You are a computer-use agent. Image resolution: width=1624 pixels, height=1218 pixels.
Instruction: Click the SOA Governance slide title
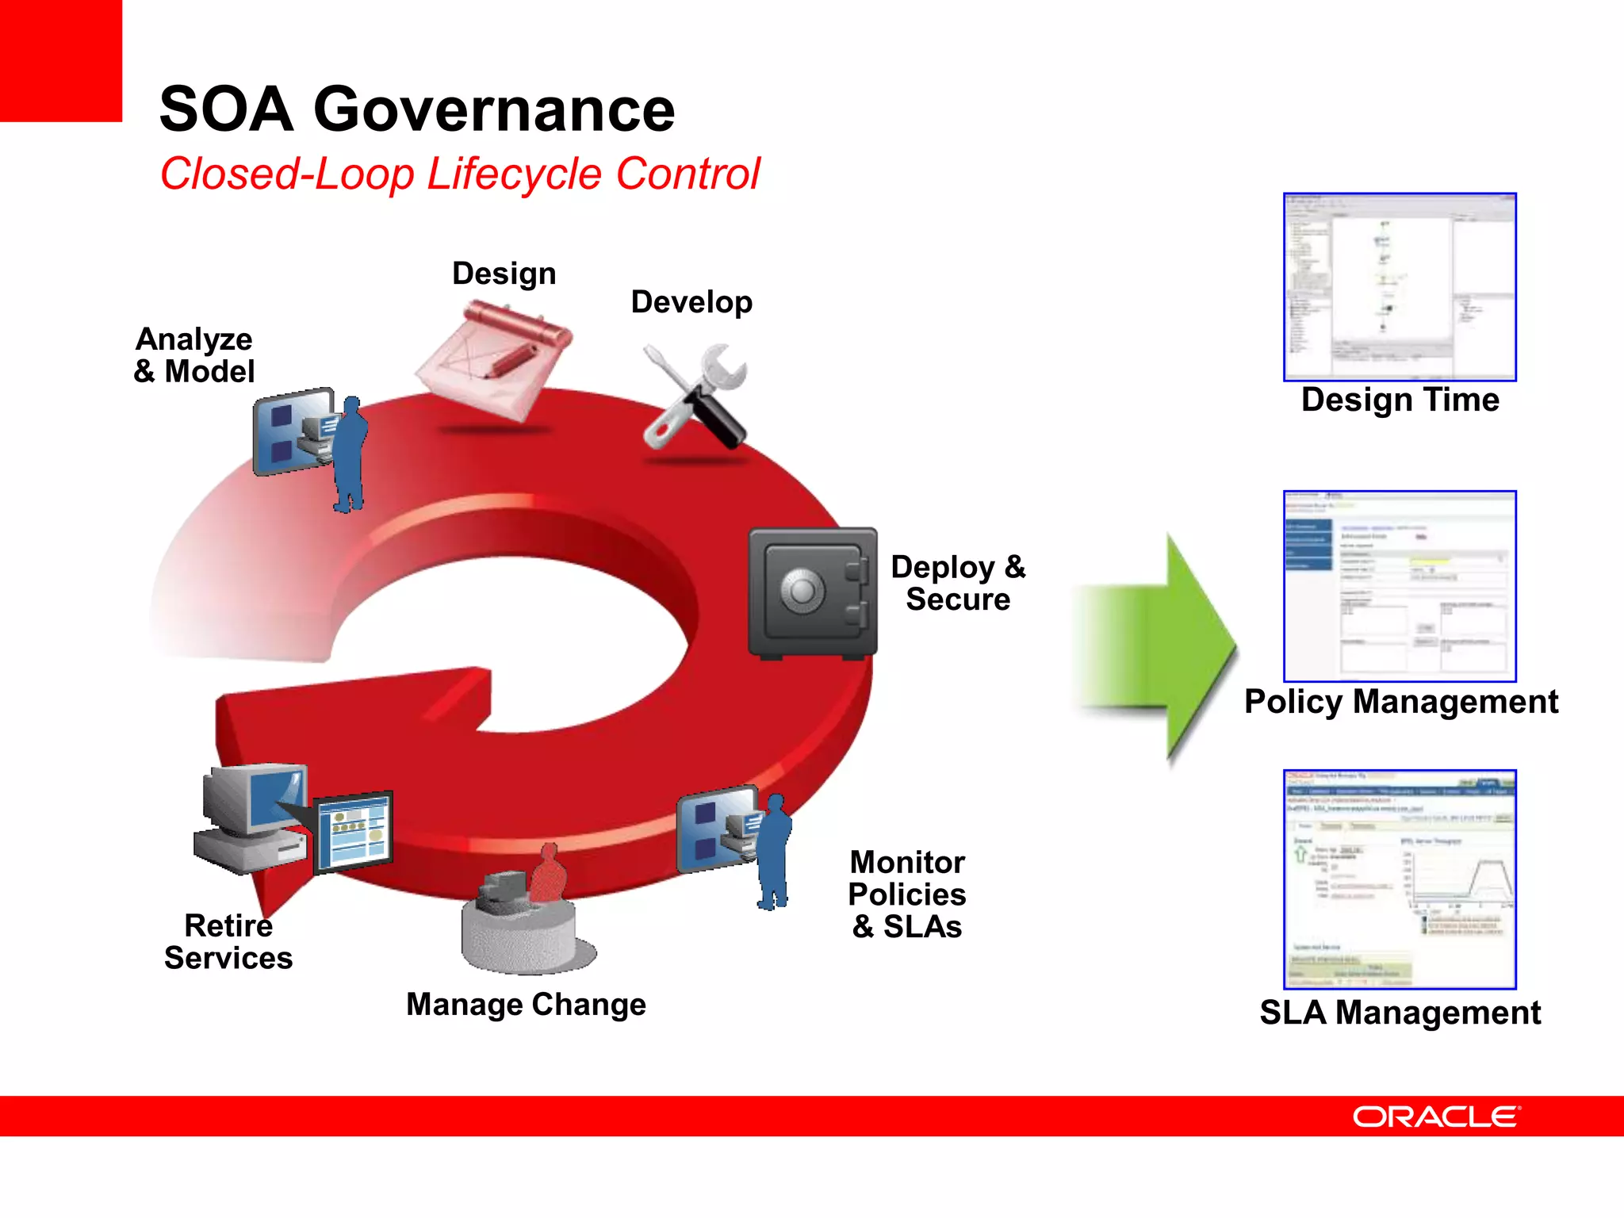[417, 109]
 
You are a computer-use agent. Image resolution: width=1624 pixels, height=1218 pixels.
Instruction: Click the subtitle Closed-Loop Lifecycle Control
[460, 174]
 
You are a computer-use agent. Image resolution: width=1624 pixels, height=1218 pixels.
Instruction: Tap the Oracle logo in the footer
[1435, 1116]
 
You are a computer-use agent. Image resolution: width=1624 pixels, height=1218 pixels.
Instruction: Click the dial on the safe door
[802, 590]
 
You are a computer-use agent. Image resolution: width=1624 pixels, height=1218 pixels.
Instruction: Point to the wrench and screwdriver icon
[695, 396]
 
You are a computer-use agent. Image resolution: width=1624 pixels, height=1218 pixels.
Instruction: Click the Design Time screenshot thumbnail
[1400, 287]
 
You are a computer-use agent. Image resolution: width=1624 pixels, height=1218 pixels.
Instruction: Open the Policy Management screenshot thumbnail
[1400, 586]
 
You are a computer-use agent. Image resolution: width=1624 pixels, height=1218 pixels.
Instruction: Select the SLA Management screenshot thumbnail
[1400, 879]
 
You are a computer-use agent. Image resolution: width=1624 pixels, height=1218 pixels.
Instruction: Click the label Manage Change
[526, 1004]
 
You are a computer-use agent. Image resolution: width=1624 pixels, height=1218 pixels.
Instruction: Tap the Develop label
[691, 302]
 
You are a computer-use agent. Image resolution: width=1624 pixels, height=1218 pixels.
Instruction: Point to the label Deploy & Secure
[958, 583]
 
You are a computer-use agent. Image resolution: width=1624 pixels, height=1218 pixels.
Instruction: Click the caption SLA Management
[1400, 1013]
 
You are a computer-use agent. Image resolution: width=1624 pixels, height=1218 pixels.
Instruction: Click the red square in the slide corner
[60, 60]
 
